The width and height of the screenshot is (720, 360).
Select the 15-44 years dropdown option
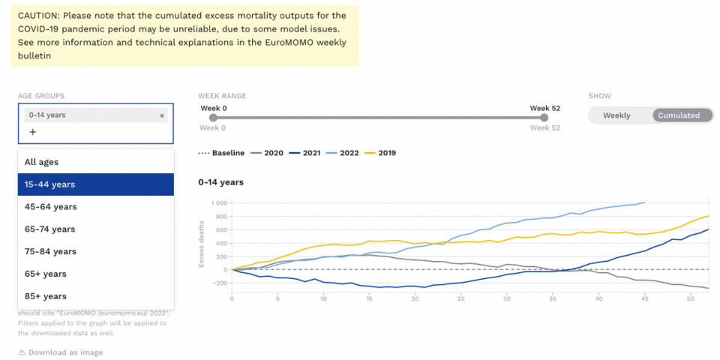(96, 184)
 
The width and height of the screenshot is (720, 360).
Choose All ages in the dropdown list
(96, 162)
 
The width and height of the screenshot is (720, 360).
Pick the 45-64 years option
(96, 207)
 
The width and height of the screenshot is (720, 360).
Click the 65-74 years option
(96, 229)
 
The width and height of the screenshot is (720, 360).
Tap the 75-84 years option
(96, 252)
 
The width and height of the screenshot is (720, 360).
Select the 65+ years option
(96, 274)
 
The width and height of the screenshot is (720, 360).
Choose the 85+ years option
(96, 296)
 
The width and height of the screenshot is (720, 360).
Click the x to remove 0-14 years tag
(162, 115)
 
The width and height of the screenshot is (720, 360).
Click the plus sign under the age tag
(32, 132)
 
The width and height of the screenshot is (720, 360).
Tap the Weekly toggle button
(616, 115)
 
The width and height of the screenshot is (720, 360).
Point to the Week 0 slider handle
(213, 117)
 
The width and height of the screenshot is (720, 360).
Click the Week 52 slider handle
(544, 117)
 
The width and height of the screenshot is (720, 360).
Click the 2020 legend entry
(267, 153)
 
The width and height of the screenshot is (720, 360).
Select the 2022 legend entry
(343, 153)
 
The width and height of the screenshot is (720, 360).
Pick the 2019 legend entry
(380, 153)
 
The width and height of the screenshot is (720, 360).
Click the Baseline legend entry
(221, 153)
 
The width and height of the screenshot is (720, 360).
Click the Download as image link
(61, 352)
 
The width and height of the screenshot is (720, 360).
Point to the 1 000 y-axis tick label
(218, 202)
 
